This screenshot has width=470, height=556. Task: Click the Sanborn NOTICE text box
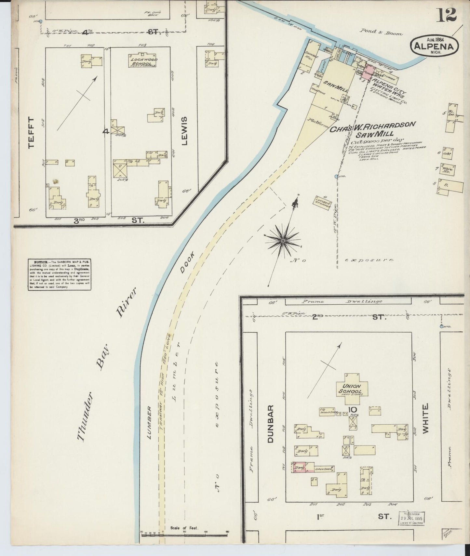[x=59, y=275]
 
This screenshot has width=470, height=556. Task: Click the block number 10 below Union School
[x=353, y=409]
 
